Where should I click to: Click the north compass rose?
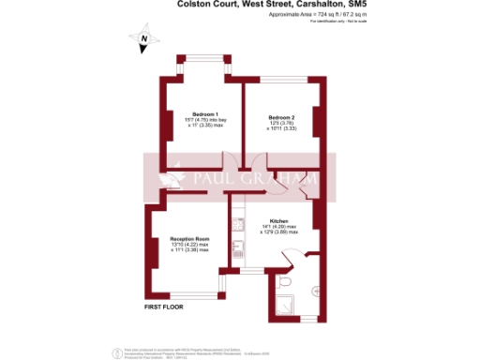(143, 41)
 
